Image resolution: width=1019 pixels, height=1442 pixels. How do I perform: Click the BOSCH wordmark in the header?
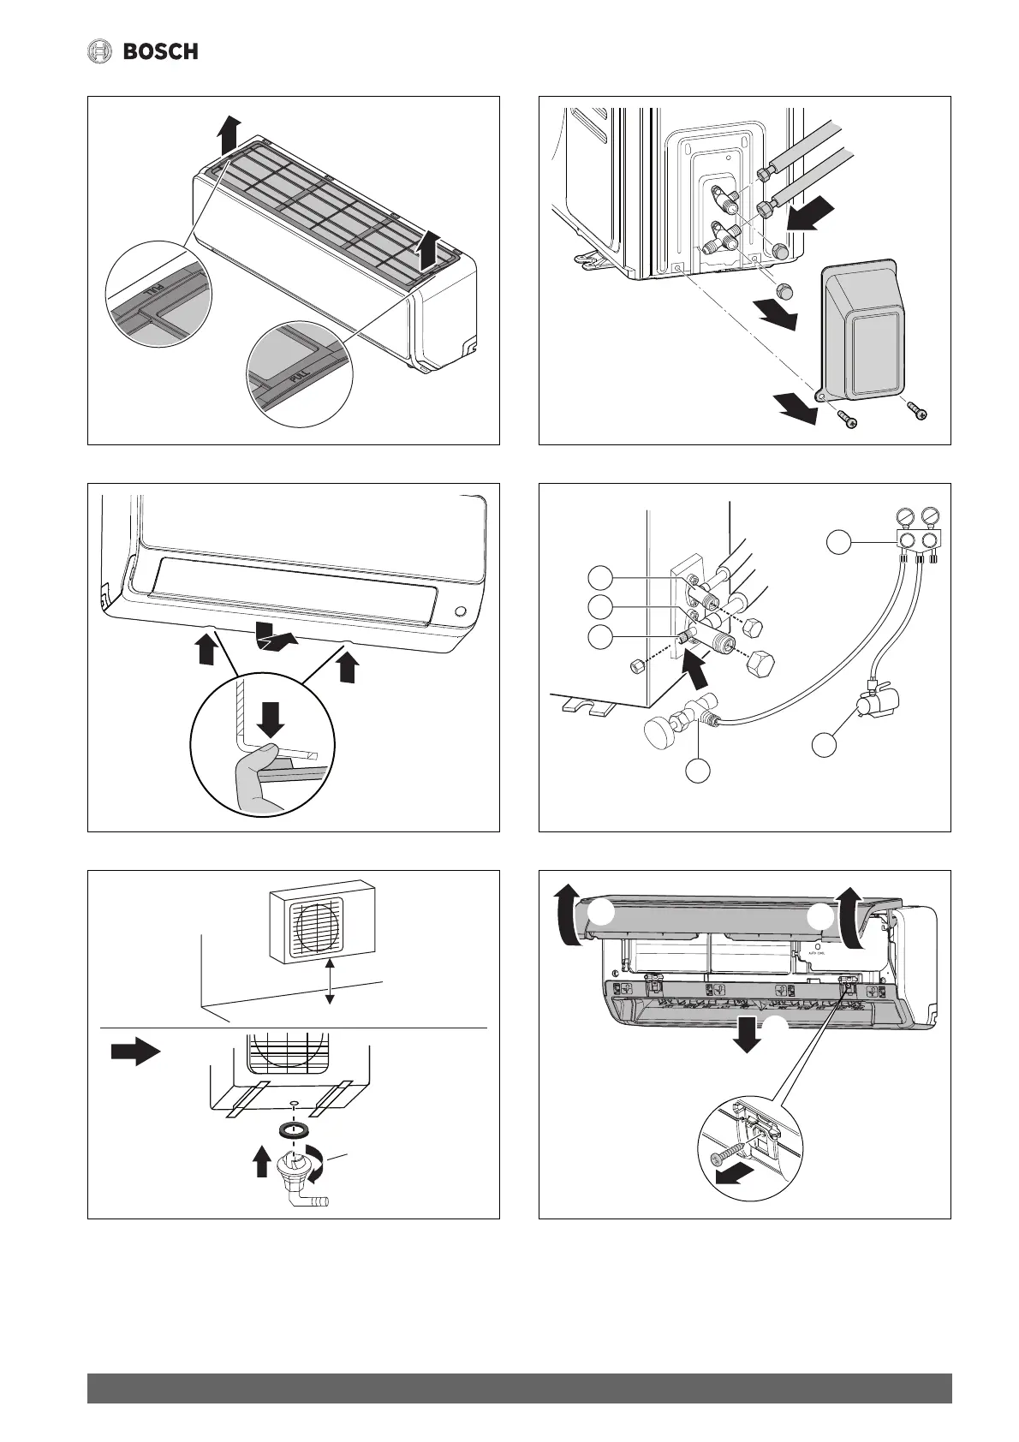161,52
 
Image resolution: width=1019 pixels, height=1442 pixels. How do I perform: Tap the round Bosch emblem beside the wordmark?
101,52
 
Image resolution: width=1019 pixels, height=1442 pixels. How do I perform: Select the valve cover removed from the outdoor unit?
864,331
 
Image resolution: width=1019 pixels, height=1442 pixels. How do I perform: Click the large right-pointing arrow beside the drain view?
135,1052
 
